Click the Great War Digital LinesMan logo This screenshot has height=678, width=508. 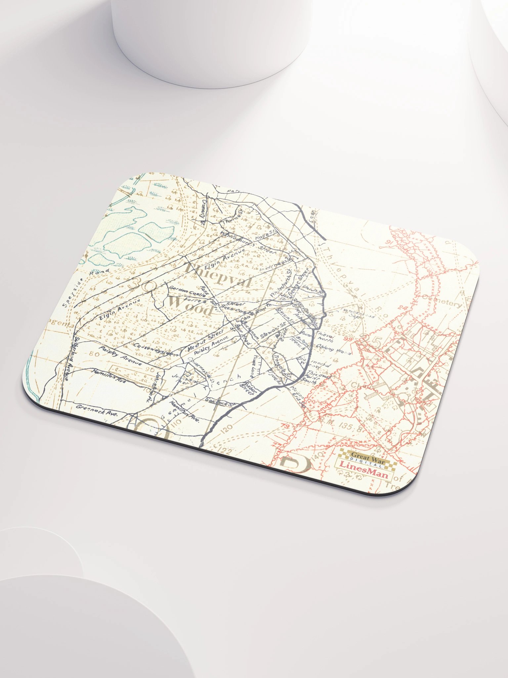[x=363, y=460]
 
